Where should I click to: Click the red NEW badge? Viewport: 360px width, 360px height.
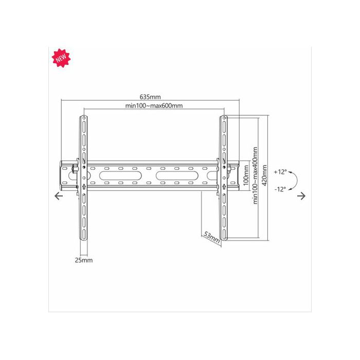tap(61, 58)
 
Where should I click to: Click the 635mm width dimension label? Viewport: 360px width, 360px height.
tap(150, 97)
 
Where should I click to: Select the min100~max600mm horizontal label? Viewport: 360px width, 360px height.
tap(154, 105)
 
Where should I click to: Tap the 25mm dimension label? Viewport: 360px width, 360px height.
tap(83, 260)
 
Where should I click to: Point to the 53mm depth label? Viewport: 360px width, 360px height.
tap(212, 238)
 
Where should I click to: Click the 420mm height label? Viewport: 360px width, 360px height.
tap(264, 175)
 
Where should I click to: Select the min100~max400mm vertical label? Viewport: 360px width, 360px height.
tap(255, 175)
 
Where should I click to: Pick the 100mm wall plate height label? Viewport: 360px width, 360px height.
tap(246, 175)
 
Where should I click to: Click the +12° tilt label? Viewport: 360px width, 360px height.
tap(280, 172)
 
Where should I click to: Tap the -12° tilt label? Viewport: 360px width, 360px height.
tap(280, 189)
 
